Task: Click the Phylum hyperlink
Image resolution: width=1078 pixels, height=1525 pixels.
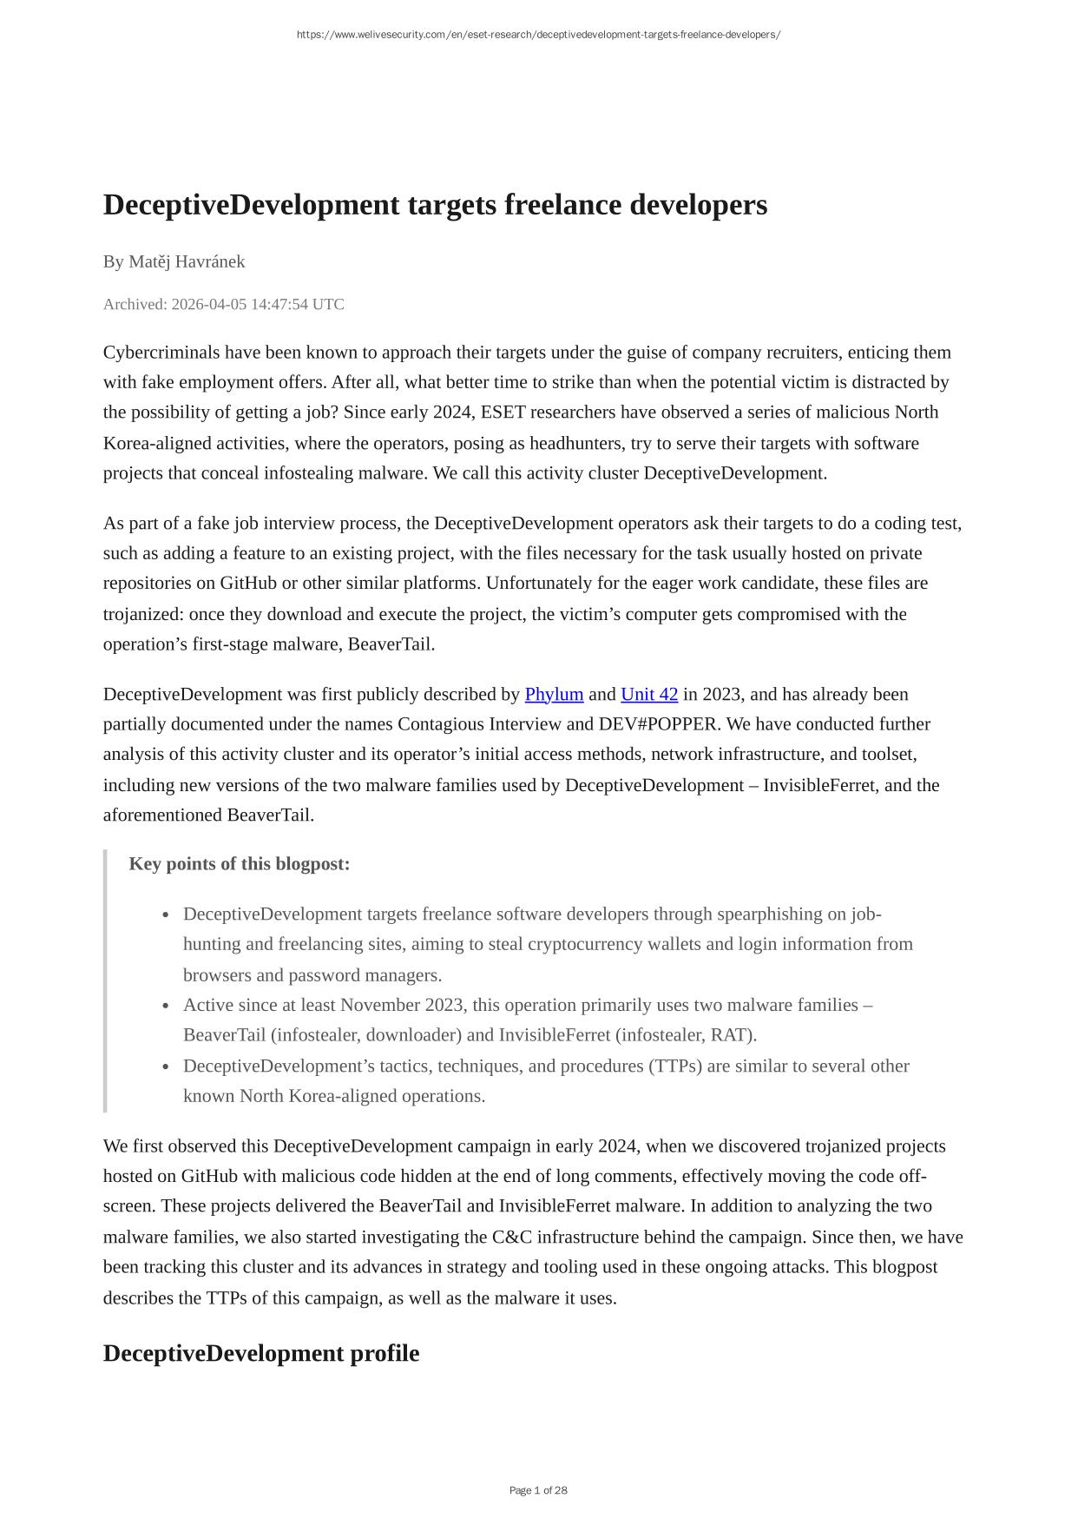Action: [554, 694]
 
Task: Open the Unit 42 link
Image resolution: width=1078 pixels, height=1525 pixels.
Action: [649, 694]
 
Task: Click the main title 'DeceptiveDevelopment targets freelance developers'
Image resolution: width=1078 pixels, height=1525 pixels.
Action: [435, 205]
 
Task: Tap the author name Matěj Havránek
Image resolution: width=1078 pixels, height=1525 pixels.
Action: [187, 261]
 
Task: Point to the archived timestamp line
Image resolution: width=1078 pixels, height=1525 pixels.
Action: [223, 304]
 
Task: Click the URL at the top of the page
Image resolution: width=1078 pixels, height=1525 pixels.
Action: [538, 35]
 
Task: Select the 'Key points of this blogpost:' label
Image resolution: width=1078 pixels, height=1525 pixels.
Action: [240, 864]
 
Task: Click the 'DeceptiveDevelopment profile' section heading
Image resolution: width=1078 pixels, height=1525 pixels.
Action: [261, 1353]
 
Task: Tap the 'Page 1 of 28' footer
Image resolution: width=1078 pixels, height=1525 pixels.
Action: [538, 1490]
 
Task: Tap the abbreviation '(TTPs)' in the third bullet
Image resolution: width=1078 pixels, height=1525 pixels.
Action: [675, 1066]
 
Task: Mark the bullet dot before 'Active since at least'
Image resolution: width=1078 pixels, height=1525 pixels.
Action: [166, 1006]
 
